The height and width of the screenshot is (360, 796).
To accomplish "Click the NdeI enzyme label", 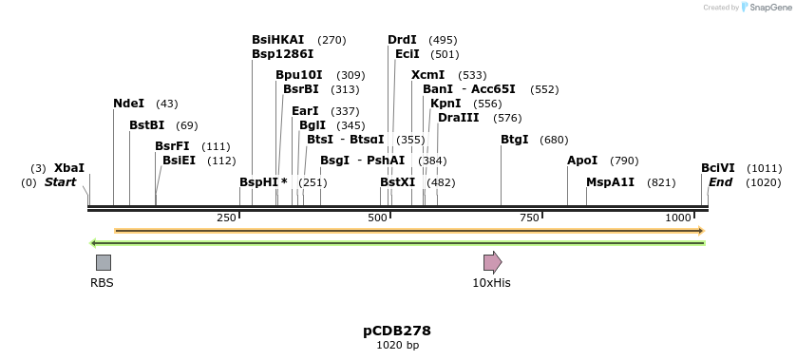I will (x=129, y=104).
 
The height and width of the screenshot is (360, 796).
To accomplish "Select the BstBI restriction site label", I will (x=147, y=125).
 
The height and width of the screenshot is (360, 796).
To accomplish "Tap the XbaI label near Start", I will (x=69, y=168).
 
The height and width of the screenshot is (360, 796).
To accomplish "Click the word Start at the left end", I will (x=61, y=181).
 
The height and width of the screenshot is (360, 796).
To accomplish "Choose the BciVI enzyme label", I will (x=718, y=168).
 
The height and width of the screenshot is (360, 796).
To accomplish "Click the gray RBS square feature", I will (x=103, y=262).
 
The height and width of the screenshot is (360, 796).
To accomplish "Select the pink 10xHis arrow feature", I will (x=492, y=262).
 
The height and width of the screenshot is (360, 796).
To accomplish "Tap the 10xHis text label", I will (x=492, y=283).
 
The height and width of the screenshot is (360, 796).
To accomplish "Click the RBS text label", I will (x=102, y=283).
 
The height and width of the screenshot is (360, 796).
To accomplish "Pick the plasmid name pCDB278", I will (x=397, y=331).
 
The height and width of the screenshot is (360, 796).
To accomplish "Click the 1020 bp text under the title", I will (x=397, y=345).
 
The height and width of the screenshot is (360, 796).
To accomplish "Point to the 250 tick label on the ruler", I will (x=226, y=218).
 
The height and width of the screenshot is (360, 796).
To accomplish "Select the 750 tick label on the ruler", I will (x=529, y=218).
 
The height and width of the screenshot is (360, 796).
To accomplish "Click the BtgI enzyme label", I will (x=515, y=140).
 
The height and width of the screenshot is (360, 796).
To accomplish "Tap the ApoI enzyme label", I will (x=582, y=161).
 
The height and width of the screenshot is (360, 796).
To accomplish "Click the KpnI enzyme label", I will (x=445, y=104).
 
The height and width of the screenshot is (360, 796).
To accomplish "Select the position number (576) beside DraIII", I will (x=507, y=118).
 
